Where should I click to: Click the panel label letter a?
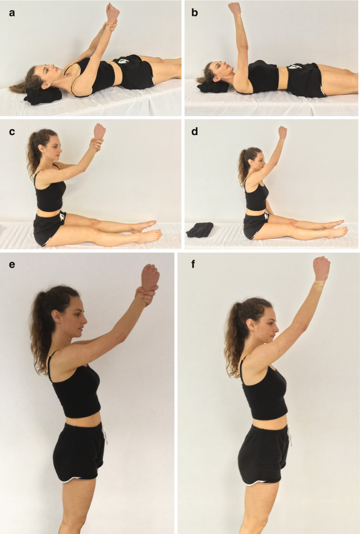12,14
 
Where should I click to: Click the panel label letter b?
195,13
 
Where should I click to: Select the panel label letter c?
12,132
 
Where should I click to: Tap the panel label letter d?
195,131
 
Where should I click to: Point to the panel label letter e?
12,264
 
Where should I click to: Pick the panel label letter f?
193,264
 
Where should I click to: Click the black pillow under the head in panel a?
43,95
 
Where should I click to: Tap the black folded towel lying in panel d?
200,230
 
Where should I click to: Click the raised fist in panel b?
234,8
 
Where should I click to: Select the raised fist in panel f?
321,269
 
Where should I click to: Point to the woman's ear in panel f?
252,324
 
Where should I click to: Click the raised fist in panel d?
282,132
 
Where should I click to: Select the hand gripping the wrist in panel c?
97,145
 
